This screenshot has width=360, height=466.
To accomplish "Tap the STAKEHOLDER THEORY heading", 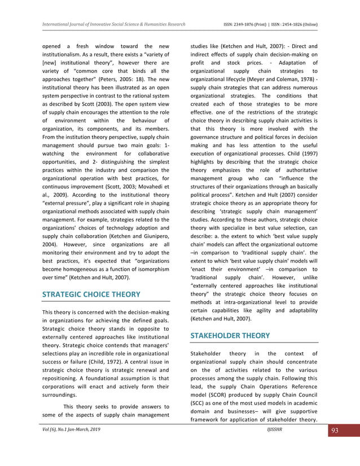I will (x=230, y=335).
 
